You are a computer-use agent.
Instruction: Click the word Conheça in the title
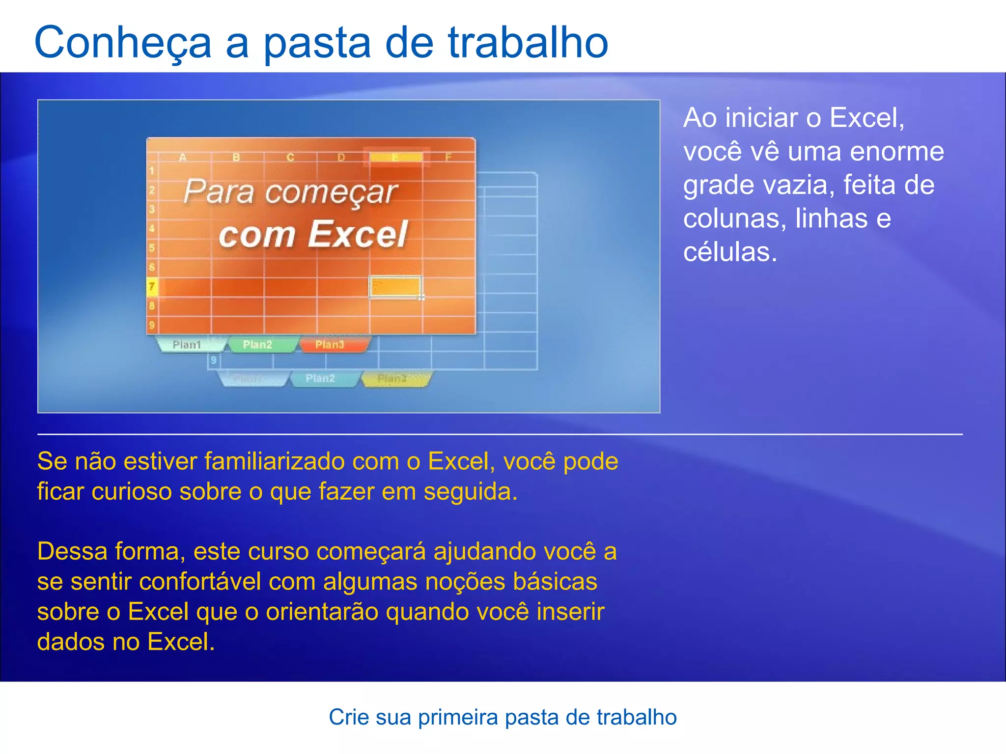123,43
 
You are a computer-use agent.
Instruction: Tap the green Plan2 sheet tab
257,345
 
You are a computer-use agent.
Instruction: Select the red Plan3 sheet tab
330,345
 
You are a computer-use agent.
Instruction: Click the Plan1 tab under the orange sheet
187,345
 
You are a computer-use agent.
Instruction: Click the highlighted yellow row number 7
152,287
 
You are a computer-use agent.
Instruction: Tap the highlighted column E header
395,158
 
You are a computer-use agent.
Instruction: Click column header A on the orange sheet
183,158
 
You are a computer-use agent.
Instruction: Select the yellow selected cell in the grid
395,287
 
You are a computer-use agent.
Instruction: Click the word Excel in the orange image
358,235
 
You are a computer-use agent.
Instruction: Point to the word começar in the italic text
331,192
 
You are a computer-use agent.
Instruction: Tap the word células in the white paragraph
730,252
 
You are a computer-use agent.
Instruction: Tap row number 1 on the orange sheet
152,171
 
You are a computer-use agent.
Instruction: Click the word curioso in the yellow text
131,491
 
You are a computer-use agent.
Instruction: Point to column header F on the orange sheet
448,158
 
